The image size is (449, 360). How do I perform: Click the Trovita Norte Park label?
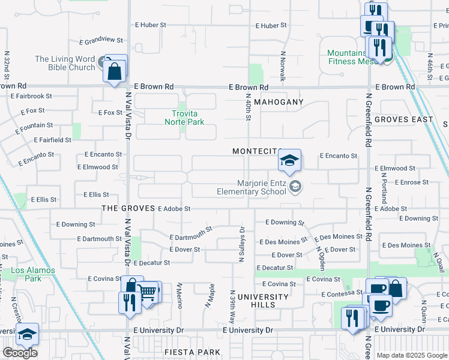click(x=184, y=118)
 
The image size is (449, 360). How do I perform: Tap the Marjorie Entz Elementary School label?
click(x=252, y=188)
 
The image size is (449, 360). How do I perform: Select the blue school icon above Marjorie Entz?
click(x=289, y=160)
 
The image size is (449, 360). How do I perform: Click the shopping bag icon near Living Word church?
click(x=114, y=73)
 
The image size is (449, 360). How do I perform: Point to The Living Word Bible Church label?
click(x=65, y=63)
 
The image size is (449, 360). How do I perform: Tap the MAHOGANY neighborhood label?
click(x=279, y=103)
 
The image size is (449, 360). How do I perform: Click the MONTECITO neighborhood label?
click(x=257, y=151)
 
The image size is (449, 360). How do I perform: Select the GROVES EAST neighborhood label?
click(x=403, y=119)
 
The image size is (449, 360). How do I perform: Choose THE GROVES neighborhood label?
click(x=127, y=208)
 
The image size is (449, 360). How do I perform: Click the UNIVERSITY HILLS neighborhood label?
click(x=263, y=301)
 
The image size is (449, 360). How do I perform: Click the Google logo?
click(x=20, y=353)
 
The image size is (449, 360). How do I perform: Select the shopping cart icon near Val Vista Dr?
click(x=149, y=292)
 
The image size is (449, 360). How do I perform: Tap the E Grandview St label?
click(x=101, y=41)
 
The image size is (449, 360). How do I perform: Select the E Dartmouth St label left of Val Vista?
click(x=100, y=239)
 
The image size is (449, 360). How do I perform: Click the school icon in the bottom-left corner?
click(x=27, y=334)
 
